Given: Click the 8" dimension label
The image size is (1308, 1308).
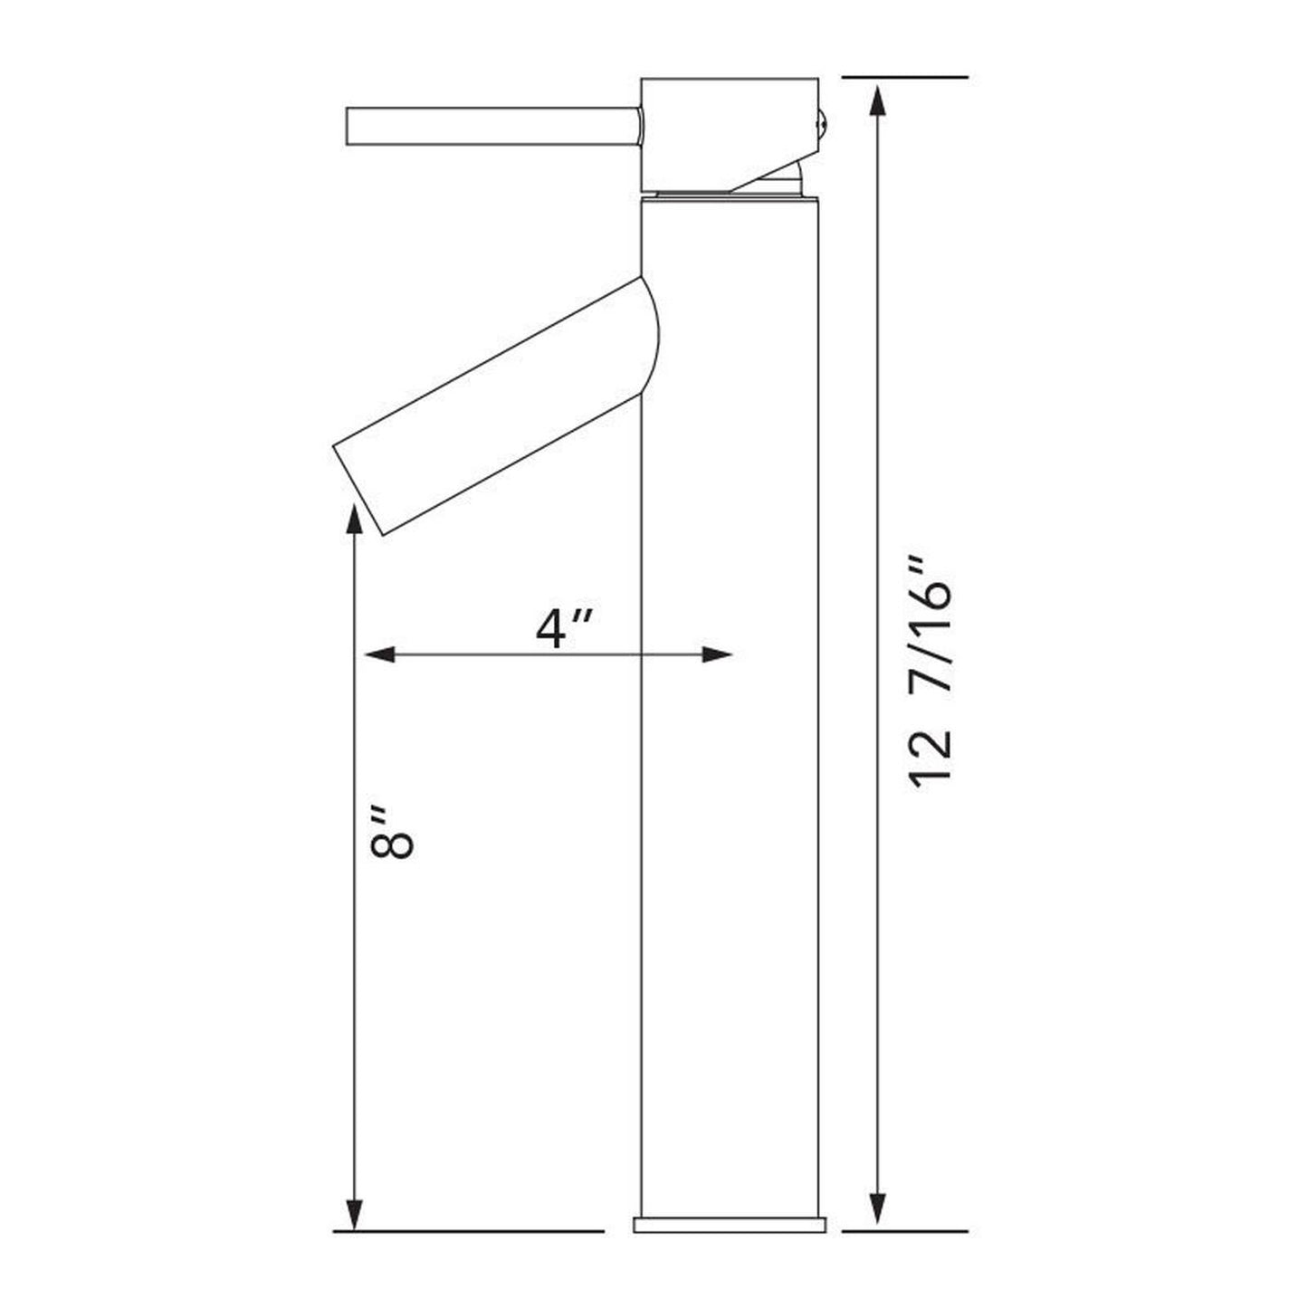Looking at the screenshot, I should coord(392,830).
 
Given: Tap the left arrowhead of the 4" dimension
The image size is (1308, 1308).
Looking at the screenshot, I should coord(376,654).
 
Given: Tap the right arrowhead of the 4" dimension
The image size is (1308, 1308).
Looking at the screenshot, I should coord(719,654).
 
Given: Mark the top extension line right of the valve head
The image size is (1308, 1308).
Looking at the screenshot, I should coord(905,78).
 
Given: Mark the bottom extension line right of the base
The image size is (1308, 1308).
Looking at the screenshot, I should coord(905,1231).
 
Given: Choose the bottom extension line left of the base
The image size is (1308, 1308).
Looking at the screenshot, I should coord(468,1231).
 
